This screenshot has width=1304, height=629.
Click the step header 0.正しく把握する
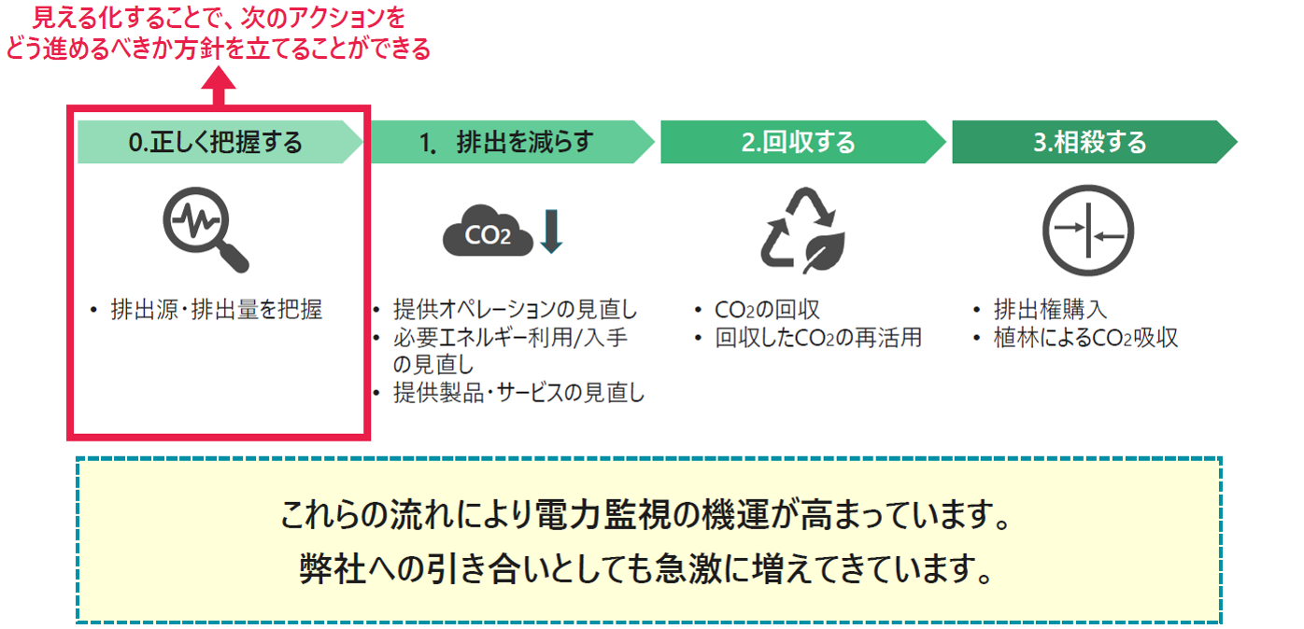(216, 143)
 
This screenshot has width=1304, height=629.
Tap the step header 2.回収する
(799, 143)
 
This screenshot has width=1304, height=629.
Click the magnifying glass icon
(205, 230)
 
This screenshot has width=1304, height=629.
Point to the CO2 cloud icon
(488, 232)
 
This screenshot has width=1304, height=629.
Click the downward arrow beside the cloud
(551, 231)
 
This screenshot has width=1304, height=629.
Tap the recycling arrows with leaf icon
(801, 231)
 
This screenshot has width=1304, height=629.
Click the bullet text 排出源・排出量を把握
(216, 311)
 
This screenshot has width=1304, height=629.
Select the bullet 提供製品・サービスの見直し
(519, 393)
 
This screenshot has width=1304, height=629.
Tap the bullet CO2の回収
(767, 311)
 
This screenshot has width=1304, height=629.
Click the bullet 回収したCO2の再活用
(818, 338)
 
